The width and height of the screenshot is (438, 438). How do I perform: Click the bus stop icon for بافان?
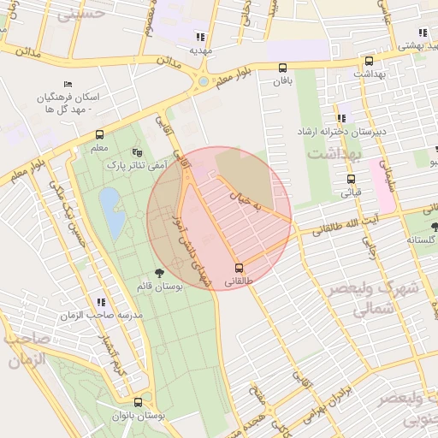coord(282,68)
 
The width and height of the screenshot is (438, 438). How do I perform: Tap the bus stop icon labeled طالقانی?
coord(239,267)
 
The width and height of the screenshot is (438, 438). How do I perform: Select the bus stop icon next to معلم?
coord(100,135)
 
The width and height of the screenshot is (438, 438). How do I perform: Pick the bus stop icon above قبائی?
coord(351,180)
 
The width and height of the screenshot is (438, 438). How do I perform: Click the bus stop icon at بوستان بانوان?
coord(138,402)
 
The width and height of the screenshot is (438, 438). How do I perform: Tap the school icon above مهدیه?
coord(200,36)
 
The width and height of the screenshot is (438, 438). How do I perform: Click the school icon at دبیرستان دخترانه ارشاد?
coord(341,118)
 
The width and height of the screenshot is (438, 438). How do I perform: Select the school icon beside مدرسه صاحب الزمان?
coord(101,302)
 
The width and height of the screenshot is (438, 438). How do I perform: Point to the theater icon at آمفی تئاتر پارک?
coord(136,152)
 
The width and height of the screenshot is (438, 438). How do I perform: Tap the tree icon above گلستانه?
coord(435,227)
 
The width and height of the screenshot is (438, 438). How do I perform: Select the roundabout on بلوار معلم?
coord(203,83)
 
